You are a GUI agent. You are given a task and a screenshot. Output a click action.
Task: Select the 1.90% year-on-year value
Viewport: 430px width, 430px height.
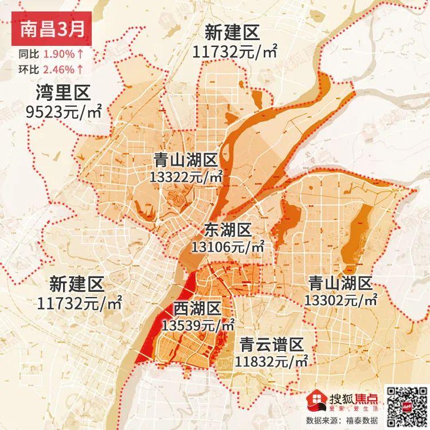tap(58, 55)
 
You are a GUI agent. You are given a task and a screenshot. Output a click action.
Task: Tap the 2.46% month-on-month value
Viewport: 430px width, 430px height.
tap(58, 69)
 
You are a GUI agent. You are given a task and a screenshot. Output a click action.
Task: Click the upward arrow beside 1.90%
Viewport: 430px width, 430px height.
tap(80, 55)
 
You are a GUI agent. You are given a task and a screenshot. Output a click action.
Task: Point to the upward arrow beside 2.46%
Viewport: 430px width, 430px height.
tap(80, 69)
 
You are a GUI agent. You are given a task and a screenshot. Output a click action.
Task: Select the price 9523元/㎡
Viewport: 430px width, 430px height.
tap(64, 111)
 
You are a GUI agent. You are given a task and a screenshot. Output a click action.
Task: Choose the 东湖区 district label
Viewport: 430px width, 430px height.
tap(228, 230)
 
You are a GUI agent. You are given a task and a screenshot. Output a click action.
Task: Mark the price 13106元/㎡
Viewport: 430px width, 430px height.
tap(228, 247)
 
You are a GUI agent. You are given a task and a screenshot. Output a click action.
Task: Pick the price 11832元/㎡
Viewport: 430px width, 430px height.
tap(272, 362)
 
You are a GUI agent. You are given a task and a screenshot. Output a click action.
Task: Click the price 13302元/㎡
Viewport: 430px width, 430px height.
tap(341, 300)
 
